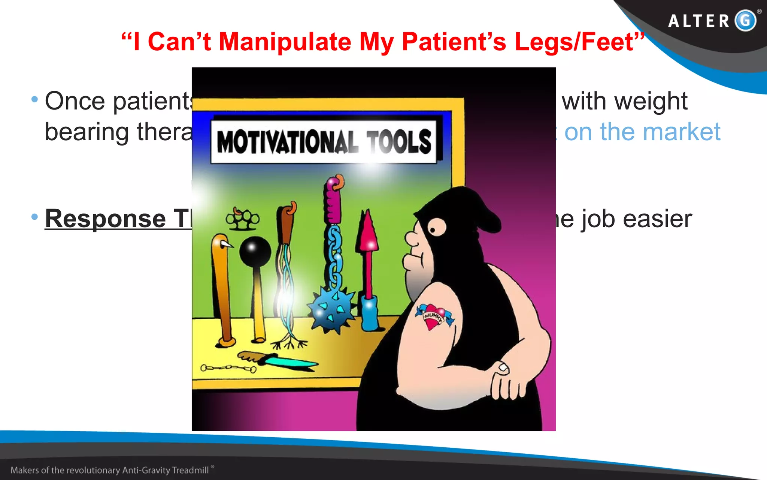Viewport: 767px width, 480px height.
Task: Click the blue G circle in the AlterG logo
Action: coord(745,20)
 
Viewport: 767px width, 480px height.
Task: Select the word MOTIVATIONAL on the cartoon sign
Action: coord(285,142)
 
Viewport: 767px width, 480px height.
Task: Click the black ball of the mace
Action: coord(255,251)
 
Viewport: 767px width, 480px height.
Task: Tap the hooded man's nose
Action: coord(411,238)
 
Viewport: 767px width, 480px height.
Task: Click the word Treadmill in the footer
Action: coord(190,470)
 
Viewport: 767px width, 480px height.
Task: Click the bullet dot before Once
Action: coord(35,99)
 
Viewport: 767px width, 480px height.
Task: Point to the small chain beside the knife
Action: coord(228,368)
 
